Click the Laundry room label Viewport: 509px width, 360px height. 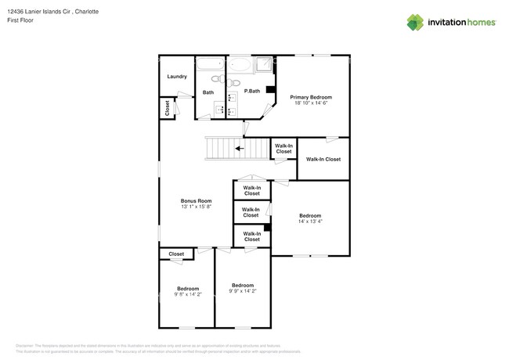(x=177, y=77)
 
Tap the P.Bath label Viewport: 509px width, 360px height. (x=251, y=92)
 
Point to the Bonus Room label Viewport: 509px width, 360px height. (x=197, y=200)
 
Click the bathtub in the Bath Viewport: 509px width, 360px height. (x=210, y=65)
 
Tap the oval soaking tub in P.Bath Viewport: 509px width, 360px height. (x=239, y=65)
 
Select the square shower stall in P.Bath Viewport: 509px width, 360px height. (x=266, y=65)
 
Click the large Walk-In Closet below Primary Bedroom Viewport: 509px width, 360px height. (x=323, y=159)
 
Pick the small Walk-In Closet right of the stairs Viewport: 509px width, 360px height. (x=283, y=149)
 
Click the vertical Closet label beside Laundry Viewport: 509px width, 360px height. (x=167, y=108)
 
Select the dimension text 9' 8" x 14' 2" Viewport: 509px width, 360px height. (x=187, y=294)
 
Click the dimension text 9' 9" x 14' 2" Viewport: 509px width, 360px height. (x=242, y=291)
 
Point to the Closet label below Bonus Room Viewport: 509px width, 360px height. (x=176, y=254)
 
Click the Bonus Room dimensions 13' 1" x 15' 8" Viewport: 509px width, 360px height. (x=197, y=207)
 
